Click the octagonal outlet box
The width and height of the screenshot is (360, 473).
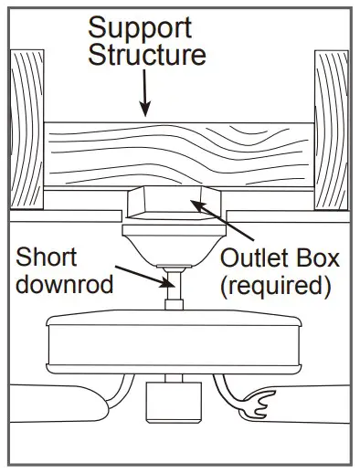tap(170, 202)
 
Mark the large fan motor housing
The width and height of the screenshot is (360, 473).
tap(174, 342)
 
